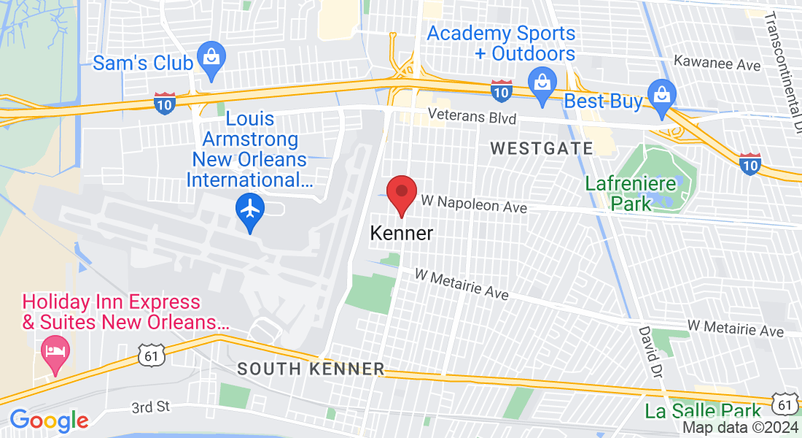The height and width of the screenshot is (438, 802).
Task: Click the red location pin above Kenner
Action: [x=401, y=193]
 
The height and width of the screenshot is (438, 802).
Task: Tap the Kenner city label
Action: [x=401, y=234]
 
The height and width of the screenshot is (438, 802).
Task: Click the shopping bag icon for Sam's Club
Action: [x=211, y=58]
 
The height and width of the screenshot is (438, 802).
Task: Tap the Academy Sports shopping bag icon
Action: [x=542, y=82]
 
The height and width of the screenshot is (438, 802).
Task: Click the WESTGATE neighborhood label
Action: [x=542, y=149]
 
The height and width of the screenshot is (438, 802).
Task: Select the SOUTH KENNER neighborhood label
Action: [x=311, y=369]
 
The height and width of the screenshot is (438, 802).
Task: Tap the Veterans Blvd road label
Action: [x=472, y=117]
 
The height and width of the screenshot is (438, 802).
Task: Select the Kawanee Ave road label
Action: [x=717, y=65]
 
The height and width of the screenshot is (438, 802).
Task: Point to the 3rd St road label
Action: [x=151, y=407]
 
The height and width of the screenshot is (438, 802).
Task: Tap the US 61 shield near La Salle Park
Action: [x=784, y=403]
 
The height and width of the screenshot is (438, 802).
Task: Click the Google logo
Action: [x=49, y=420]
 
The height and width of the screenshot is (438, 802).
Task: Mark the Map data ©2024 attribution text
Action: [x=739, y=428]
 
